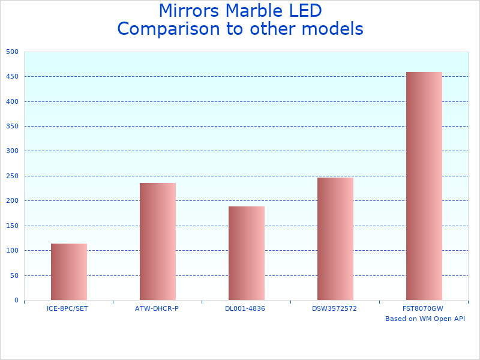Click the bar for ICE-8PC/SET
69,272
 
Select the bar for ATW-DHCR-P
158,241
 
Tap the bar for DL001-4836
247,253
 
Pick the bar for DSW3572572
335,239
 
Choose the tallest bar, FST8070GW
424,186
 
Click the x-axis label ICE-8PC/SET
67,308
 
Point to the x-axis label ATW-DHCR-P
157,308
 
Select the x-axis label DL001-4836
245,308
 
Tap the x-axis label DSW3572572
334,308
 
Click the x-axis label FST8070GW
422,308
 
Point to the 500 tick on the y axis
13,52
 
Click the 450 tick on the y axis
13,77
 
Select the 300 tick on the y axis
13,151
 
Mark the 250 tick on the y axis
13,176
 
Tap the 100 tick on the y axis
13,251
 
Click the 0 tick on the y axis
16,301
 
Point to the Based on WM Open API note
425,319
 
